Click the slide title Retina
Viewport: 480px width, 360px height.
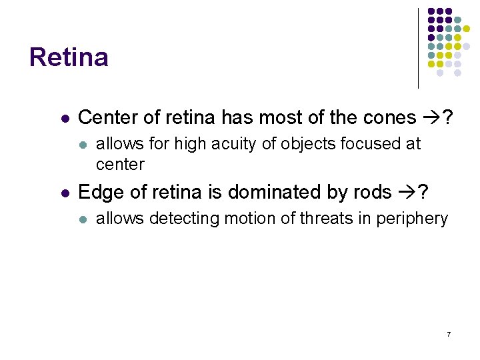pos(69,57)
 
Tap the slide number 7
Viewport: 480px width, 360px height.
pos(449,333)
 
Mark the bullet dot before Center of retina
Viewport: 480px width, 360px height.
pos(65,119)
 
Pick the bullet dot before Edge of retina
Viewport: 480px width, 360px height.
pos(65,193)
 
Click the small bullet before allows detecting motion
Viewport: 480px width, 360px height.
pos(83,219)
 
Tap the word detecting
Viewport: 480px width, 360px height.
pos(179,219)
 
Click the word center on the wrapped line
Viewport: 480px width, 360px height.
pos(120,163)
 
